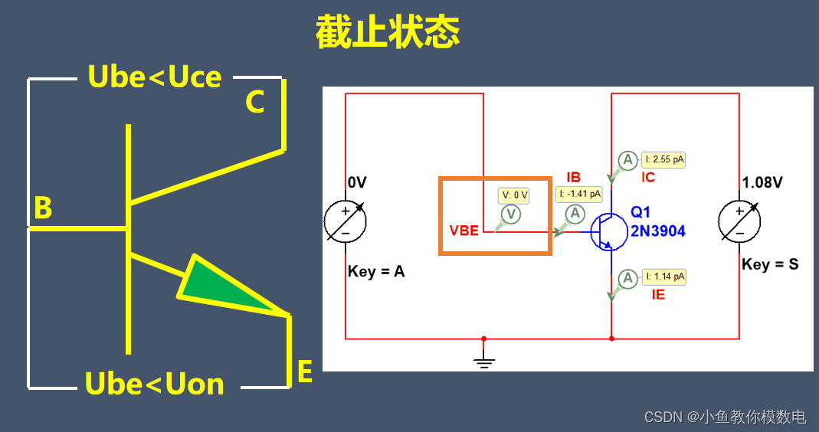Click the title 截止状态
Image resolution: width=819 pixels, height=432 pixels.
(x=387, y=33)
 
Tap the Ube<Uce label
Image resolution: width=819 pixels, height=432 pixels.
(x=155, y=77)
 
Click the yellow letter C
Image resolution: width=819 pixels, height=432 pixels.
(x=255, y=103)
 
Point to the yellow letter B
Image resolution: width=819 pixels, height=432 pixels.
(x=43, y=208)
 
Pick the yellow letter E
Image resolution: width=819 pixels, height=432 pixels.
(x=304, y=372)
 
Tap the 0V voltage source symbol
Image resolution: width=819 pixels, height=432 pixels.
(x=345, y=222)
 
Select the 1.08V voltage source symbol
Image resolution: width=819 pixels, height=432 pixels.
(x=739, y=222)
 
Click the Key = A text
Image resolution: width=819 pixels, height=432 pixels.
(x=375, y=271)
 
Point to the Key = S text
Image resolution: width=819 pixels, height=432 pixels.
(x=769, y=264)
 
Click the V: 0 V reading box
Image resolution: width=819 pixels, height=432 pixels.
(x=513, y=195)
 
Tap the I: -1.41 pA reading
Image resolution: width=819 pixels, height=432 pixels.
(x=579, y=195)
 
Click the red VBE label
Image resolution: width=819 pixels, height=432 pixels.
(x=464, y=231)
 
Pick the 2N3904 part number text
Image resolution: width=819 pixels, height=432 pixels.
(x=658, y=231)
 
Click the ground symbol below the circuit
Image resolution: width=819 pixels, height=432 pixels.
(x=483, y=362)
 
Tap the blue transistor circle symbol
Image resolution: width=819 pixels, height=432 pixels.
(x=611, y=231)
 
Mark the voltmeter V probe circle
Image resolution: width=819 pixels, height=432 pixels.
(x=510, y=214)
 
